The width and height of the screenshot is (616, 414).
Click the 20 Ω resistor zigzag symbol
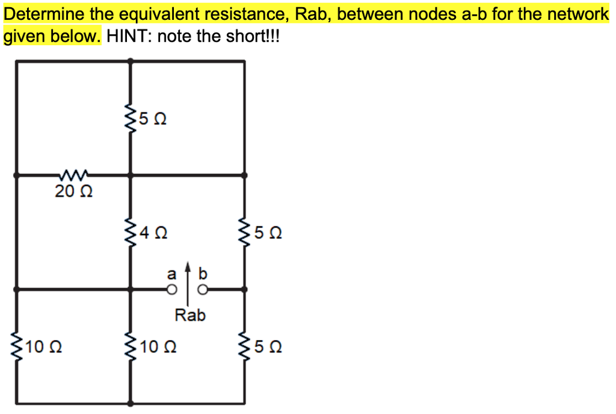pos(73,176)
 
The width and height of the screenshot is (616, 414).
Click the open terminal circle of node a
pos(172,291)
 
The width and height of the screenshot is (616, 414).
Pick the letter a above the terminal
pos(171,274)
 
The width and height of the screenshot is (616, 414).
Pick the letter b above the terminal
pos(203,274)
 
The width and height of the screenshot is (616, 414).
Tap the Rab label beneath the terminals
pos(190,315)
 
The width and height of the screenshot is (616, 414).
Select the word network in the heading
pos(579,14)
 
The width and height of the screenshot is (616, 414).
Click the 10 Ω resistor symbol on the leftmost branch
pos(14,347)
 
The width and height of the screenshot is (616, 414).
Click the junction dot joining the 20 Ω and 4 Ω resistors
pos(130,176)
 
